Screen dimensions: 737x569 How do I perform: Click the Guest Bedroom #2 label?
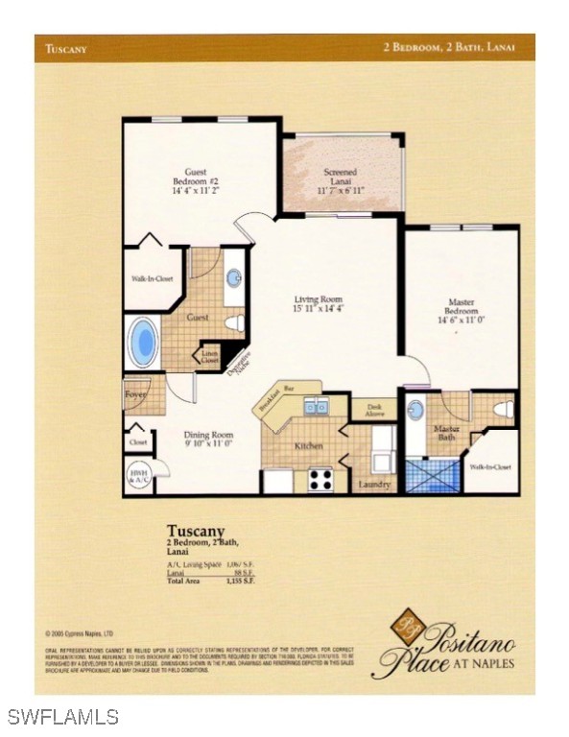pos(195,181)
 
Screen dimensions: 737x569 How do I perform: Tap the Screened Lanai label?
pos(340,180)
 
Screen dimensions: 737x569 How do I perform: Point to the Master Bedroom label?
pos(460,311)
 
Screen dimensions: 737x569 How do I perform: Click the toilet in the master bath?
pos(503,410)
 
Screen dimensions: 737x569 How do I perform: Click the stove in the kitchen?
pos(320,480)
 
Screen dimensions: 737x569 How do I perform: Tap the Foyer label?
pos(135,392)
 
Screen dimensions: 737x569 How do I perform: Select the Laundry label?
pos(374,485)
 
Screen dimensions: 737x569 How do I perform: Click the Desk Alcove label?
pos(373,409)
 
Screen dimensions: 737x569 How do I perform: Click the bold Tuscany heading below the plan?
pos(195,530)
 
